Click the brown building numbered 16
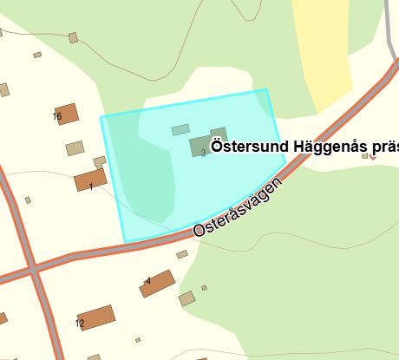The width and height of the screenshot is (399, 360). point(66,114)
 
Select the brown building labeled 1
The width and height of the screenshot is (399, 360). point(89,180)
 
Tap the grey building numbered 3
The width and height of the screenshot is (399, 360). point(201,145)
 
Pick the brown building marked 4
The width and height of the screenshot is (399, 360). point(157,284)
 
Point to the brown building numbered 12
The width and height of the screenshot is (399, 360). point(96,318)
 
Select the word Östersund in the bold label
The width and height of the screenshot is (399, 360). point(252,145)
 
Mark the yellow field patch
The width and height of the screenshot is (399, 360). point(321,52)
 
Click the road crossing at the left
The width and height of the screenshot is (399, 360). point(33,270)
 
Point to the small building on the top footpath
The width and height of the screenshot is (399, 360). point(73,37)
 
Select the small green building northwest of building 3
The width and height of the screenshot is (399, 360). point(180,130)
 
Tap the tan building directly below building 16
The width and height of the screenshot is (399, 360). point(75,148)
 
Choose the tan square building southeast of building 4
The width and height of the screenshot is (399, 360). point(187,299)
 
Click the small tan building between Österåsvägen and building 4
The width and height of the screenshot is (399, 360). point(182,254)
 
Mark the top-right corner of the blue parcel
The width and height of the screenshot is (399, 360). point(266,89)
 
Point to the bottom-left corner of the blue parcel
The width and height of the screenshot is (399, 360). point(124,242)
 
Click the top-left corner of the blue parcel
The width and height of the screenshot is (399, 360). point(101,116)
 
